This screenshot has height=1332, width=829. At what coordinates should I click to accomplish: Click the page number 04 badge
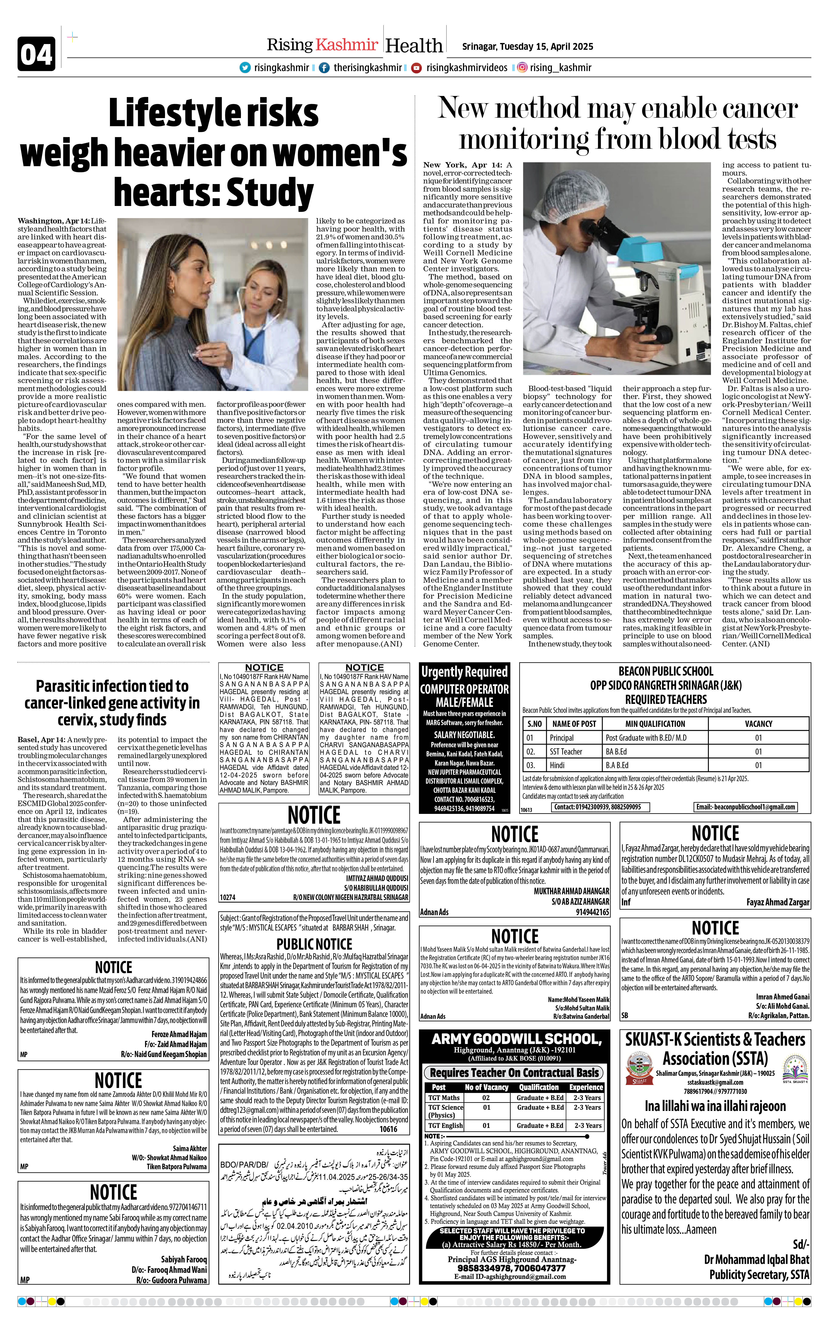[x=36, y=54]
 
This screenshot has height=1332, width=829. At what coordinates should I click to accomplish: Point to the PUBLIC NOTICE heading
[x=314, y=944]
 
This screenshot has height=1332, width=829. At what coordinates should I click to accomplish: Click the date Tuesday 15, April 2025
[x=527, y=47]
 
